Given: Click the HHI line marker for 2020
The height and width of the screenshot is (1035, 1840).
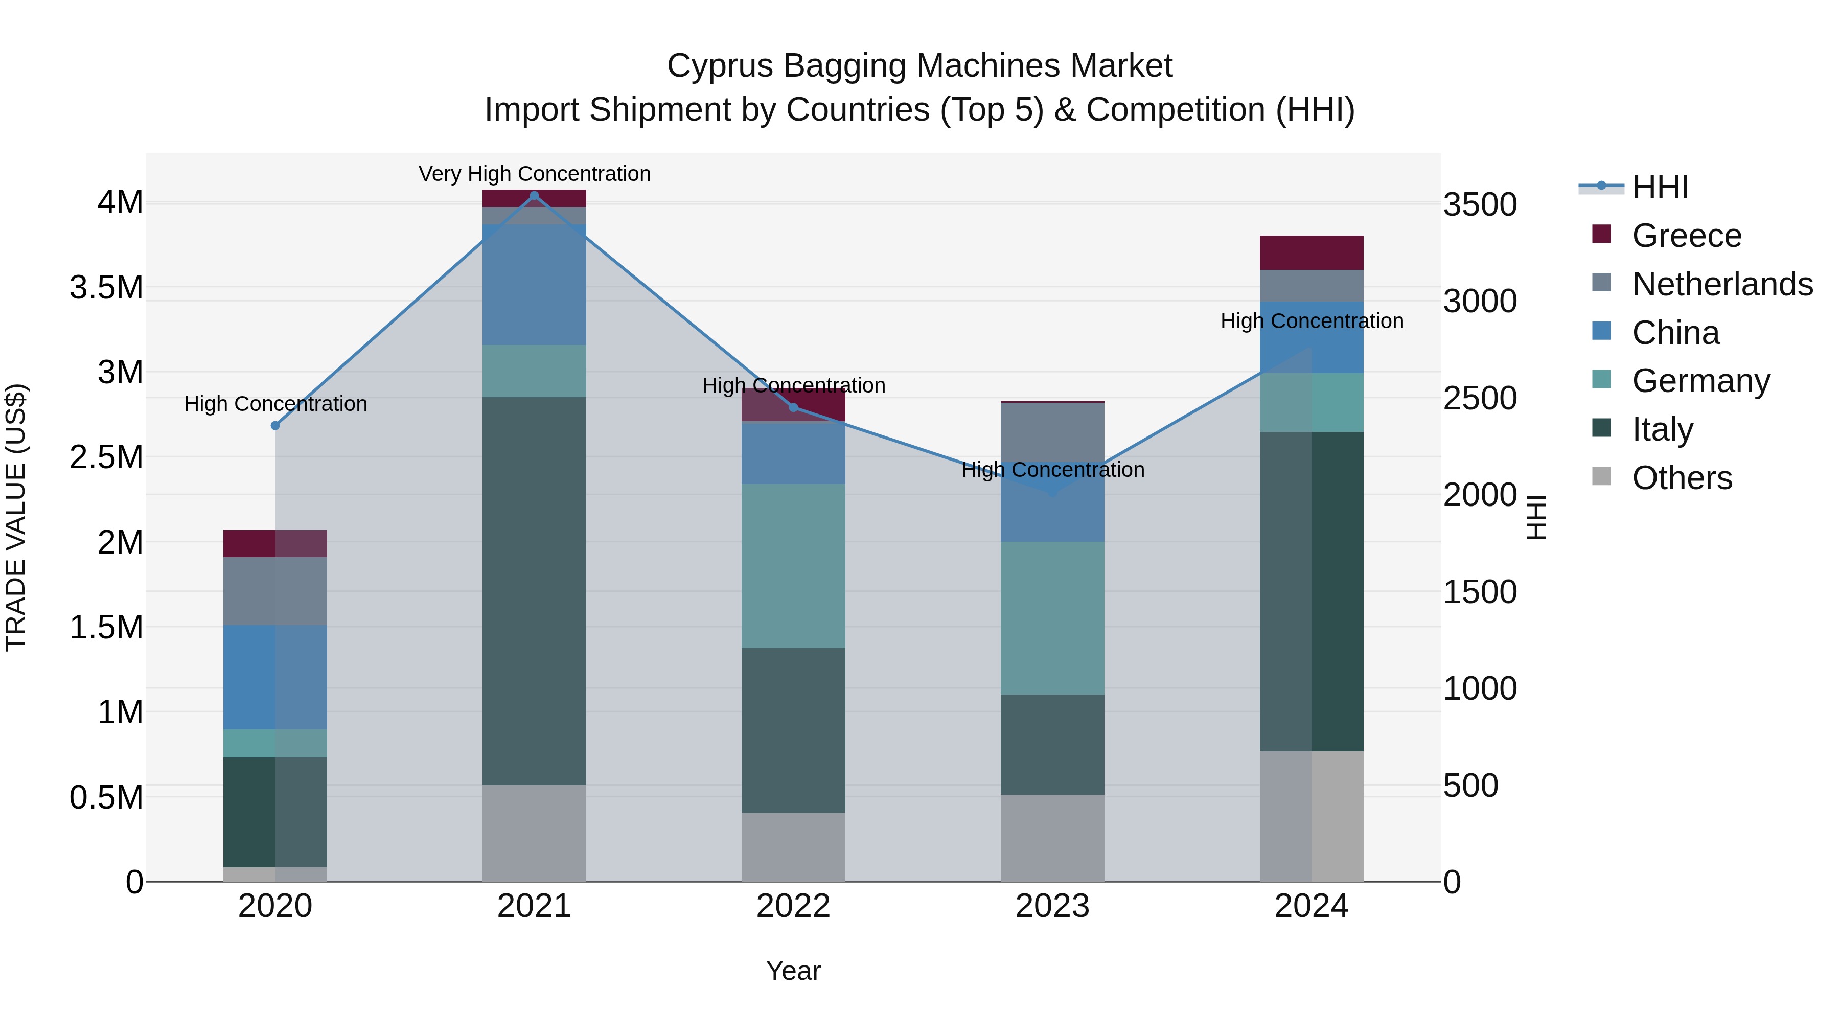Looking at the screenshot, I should click(275, 426).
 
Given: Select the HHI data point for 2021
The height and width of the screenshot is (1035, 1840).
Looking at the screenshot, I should click(534, 196).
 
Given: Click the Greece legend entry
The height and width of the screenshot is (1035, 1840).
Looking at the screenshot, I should click(1687, 236).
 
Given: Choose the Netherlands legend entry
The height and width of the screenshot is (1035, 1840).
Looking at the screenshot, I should click(1722, 284).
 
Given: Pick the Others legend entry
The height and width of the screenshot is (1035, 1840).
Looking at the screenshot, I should click(1682, 478).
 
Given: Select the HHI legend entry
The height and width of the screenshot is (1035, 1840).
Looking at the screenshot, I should click(1660, 187).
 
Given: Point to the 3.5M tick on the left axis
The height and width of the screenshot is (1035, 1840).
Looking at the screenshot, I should click(106, 288).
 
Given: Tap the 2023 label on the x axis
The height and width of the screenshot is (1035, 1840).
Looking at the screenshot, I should click(1052, 906).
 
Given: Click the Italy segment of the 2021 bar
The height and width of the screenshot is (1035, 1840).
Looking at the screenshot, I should click(534, 591).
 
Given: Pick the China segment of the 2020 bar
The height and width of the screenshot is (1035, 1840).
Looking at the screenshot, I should click(275, 677).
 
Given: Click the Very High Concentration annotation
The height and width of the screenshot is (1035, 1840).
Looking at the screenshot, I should click(534, 174).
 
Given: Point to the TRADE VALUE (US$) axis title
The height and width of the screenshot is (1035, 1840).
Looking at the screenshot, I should click(16, 517).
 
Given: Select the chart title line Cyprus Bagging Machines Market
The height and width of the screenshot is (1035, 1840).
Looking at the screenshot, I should click(919, 66).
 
